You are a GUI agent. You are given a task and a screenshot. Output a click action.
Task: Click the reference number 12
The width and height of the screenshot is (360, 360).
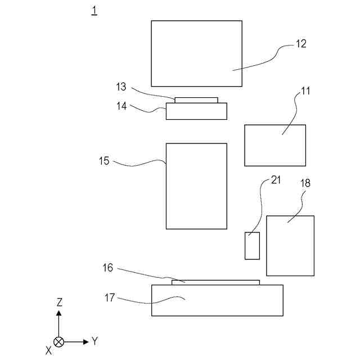click(x=301, y=44)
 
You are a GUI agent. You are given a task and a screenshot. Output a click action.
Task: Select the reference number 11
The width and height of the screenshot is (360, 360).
click(x=305, y=90)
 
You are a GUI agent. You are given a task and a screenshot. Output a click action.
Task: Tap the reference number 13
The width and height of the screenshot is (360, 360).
click(x=121, y=87)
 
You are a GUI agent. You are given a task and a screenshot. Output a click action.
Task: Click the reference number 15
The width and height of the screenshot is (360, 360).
click(x=104, y=161)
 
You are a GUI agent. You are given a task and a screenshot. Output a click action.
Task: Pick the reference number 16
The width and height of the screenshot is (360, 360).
click(x=107, y=268)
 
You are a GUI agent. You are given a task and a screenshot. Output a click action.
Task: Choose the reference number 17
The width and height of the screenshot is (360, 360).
click(x=110, y=298)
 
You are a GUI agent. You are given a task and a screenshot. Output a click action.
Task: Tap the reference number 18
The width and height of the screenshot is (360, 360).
click(x=305, y=183)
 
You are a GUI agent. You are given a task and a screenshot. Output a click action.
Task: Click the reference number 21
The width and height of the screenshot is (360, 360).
click(x=276, y=180)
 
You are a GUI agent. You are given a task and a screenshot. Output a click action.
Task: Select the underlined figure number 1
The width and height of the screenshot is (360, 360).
click(x=94, y=10)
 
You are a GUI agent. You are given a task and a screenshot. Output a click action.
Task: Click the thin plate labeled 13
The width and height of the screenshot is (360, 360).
click(x=196, y=100)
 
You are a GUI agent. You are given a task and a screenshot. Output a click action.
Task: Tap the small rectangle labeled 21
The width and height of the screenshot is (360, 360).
click(x=252, y=246)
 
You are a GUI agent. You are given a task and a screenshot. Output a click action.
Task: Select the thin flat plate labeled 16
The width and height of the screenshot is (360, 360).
click(x=215, y=282)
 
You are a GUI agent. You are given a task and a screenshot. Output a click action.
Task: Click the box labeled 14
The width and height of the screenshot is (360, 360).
click(x=196, y=111)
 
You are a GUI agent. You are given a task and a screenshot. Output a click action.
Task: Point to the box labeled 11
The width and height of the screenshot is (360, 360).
click(x=275, y=145)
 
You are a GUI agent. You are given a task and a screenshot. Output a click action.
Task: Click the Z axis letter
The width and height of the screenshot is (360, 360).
click(x=59, y=303)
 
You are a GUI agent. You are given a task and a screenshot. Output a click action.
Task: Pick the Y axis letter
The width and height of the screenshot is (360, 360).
click(x=95, y=341)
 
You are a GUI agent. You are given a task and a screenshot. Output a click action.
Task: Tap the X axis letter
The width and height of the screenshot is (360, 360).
click(x=49, y=350)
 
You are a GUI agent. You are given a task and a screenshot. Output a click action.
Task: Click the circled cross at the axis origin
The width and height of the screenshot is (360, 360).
click(x=58, y=341)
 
